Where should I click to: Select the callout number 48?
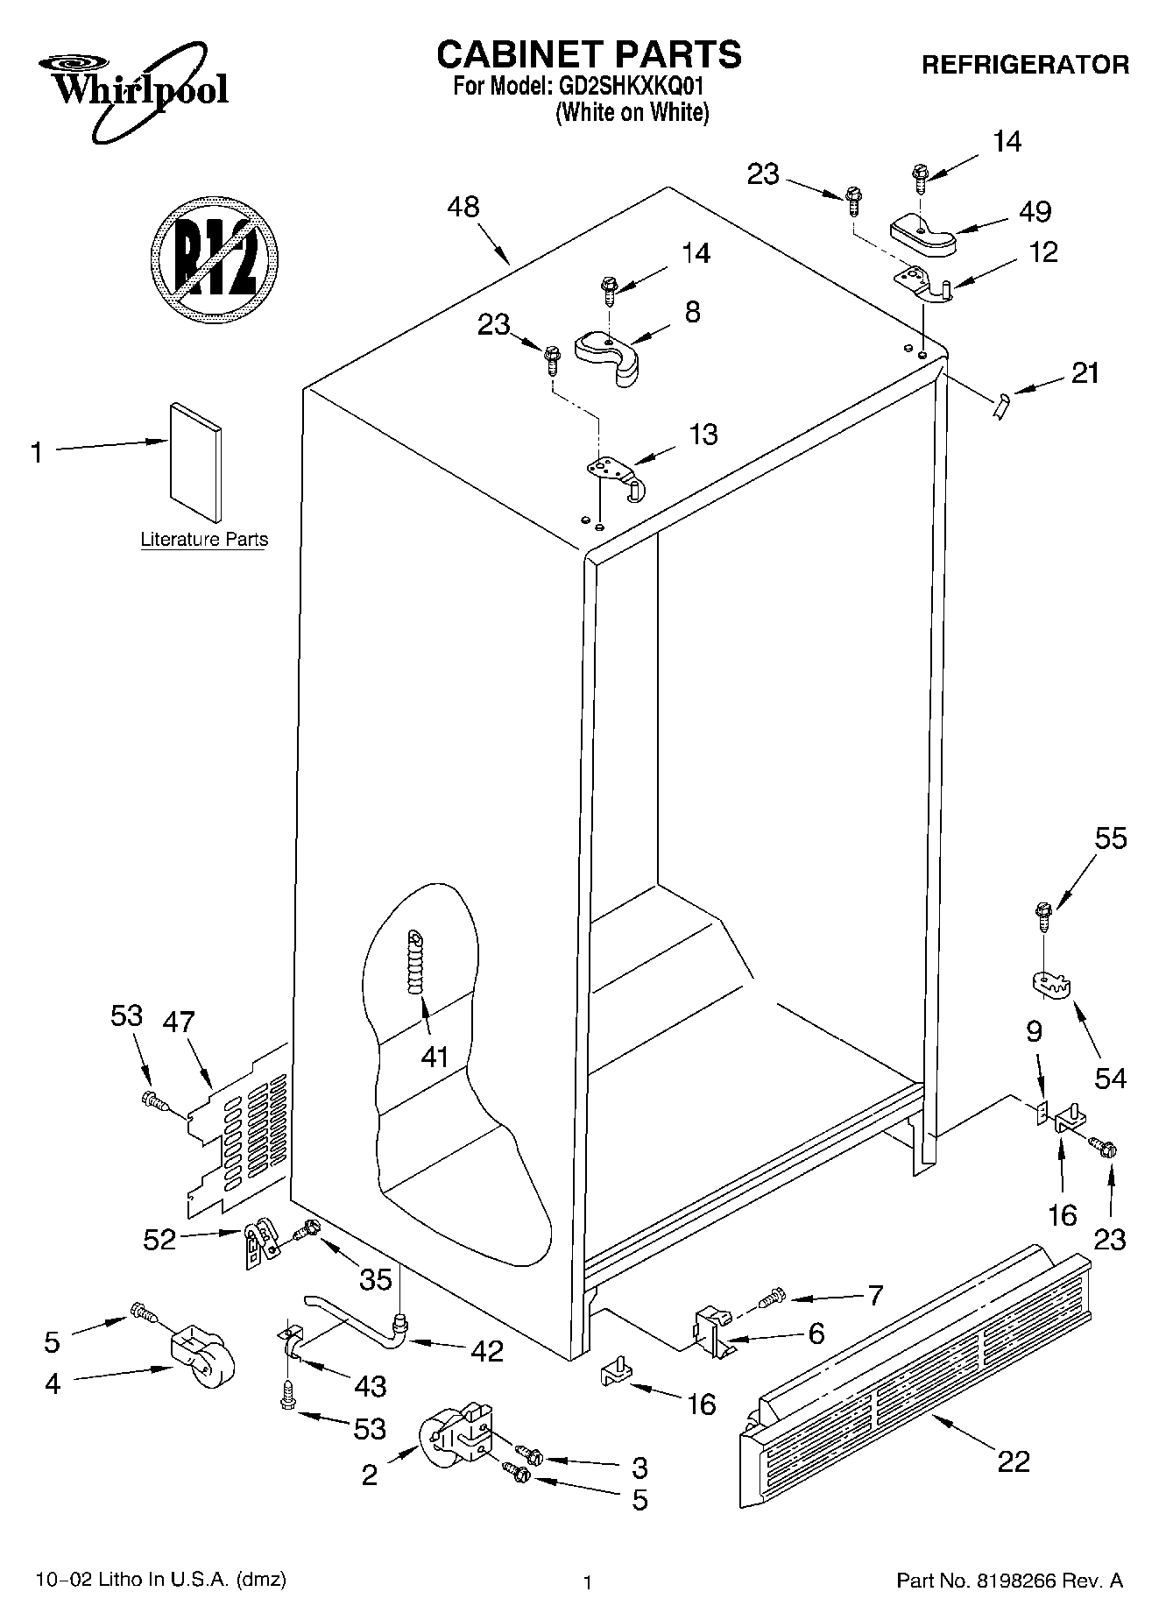pyautogui.click(x=463, y=208)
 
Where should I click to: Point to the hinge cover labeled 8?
pyautogui.click(x=607, y=355)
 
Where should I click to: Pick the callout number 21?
pyautogui.click(x=1085, y=373)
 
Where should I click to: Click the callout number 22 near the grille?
pyautogui.click(x=1014, y=1461)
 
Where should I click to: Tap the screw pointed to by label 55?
pyautogui.click(x=1042, y=917)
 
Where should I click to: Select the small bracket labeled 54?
pyautogui.click(x=1050, y=984)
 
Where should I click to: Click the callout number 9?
pyautogui.click(x=1034, y=1032)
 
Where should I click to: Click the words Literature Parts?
pyautogui.click(x=204, y=540)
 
